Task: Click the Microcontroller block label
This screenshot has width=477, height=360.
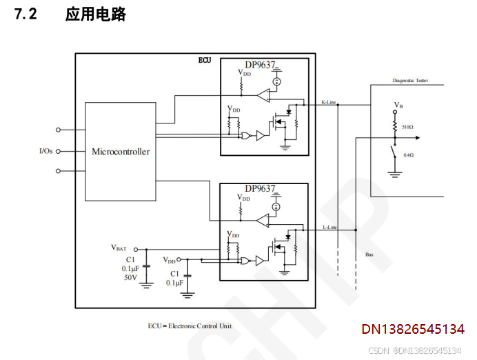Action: coord(121,152)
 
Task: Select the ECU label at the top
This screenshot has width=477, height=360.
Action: coord(205,61)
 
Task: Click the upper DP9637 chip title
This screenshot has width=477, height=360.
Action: coord(260,66)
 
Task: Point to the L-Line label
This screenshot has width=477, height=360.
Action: coord(329,227)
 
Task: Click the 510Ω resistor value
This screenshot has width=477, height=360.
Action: coord(407,127)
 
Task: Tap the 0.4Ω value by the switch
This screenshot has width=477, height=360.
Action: coord(408,155)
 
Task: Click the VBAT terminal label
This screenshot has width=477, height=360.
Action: coord(119,247)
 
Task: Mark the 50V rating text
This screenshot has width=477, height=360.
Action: coord(130,278)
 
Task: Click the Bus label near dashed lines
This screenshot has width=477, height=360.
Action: coord(369,254)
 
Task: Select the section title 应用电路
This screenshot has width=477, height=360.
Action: coord(96,14)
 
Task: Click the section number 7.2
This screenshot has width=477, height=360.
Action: coord(26,14)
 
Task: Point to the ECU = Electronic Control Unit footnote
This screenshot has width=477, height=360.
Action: coord(190,326)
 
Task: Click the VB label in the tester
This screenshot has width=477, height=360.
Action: coord(398,105)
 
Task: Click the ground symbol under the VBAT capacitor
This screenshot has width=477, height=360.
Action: coord(146,284)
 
